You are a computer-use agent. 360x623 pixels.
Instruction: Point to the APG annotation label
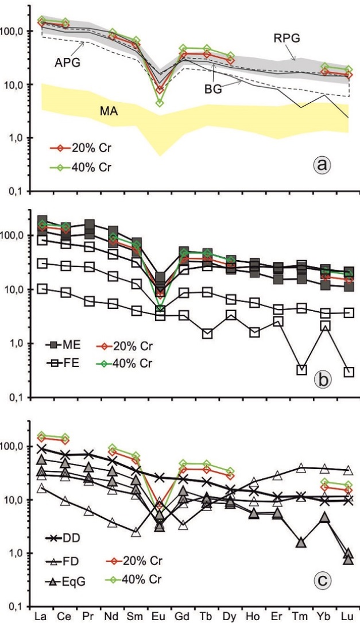click(68, 62)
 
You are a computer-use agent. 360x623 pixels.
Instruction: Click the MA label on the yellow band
click(107, 110)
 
